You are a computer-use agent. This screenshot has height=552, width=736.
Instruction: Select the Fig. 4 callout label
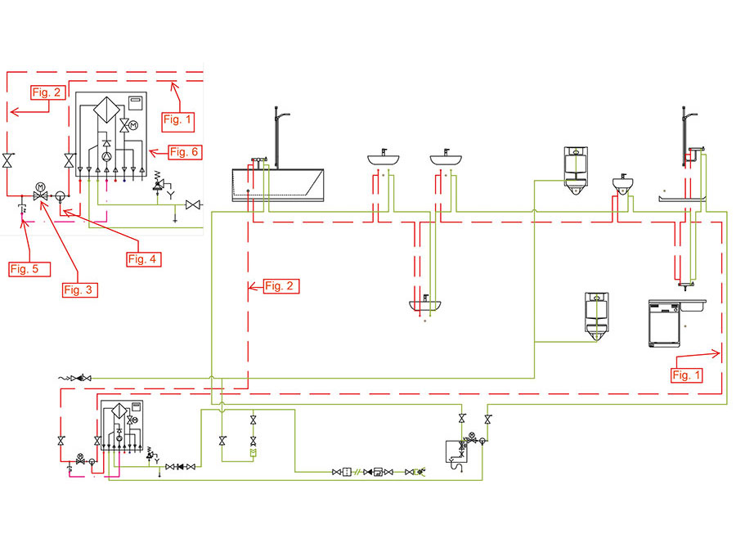(142, 258)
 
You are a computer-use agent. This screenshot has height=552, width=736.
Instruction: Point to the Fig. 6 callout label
(185, 151)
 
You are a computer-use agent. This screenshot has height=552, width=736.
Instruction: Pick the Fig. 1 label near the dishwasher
(686, 375)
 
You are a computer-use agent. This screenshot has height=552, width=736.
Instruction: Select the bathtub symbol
(279, 184)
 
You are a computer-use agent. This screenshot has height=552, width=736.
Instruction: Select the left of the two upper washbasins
(382, 157)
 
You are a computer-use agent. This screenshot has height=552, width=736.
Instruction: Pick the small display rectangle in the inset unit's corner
(136, 101)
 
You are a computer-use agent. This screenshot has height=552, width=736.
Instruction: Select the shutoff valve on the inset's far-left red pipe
(7, 160)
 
